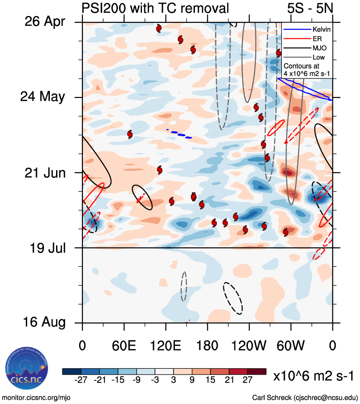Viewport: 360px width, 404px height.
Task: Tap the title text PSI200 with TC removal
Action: tap(155, 8)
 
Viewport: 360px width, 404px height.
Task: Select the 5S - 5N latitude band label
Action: tap(310, 8)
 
